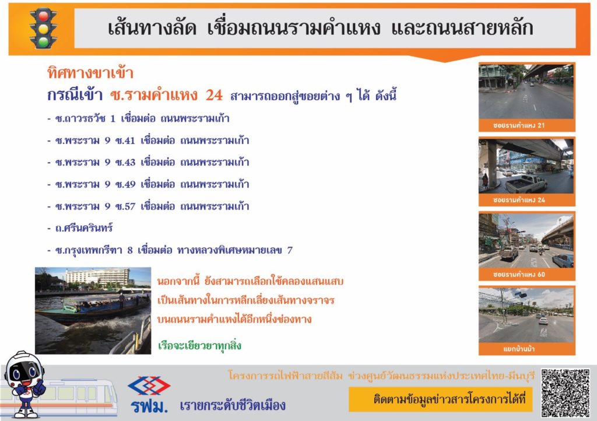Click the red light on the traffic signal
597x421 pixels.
pos(43,16)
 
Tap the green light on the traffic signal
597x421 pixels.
pos(43,41)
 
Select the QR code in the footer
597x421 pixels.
pos(566,393)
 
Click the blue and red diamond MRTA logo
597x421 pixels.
pos(149,386)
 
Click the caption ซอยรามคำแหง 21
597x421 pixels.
pos(518,125)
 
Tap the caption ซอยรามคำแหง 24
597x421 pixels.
pos(518,200)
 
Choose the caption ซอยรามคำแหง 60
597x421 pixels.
pos(518,274)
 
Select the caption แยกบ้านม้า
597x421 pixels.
pos(518,349)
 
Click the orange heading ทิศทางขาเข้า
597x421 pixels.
pos(90,73)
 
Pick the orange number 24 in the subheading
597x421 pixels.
pos(214,95)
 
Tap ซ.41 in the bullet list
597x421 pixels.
pos(125,140)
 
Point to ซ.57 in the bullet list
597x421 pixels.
pos(125,206)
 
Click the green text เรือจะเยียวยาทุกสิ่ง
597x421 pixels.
pos(199,346)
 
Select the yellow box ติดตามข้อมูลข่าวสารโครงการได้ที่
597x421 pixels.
pos(441,399)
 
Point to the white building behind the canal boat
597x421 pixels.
pos(97,277)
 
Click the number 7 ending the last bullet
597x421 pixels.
pos(290,250)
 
